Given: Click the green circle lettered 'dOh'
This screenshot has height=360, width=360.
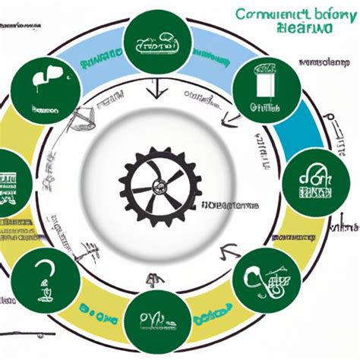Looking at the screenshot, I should [x=309, y=180].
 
